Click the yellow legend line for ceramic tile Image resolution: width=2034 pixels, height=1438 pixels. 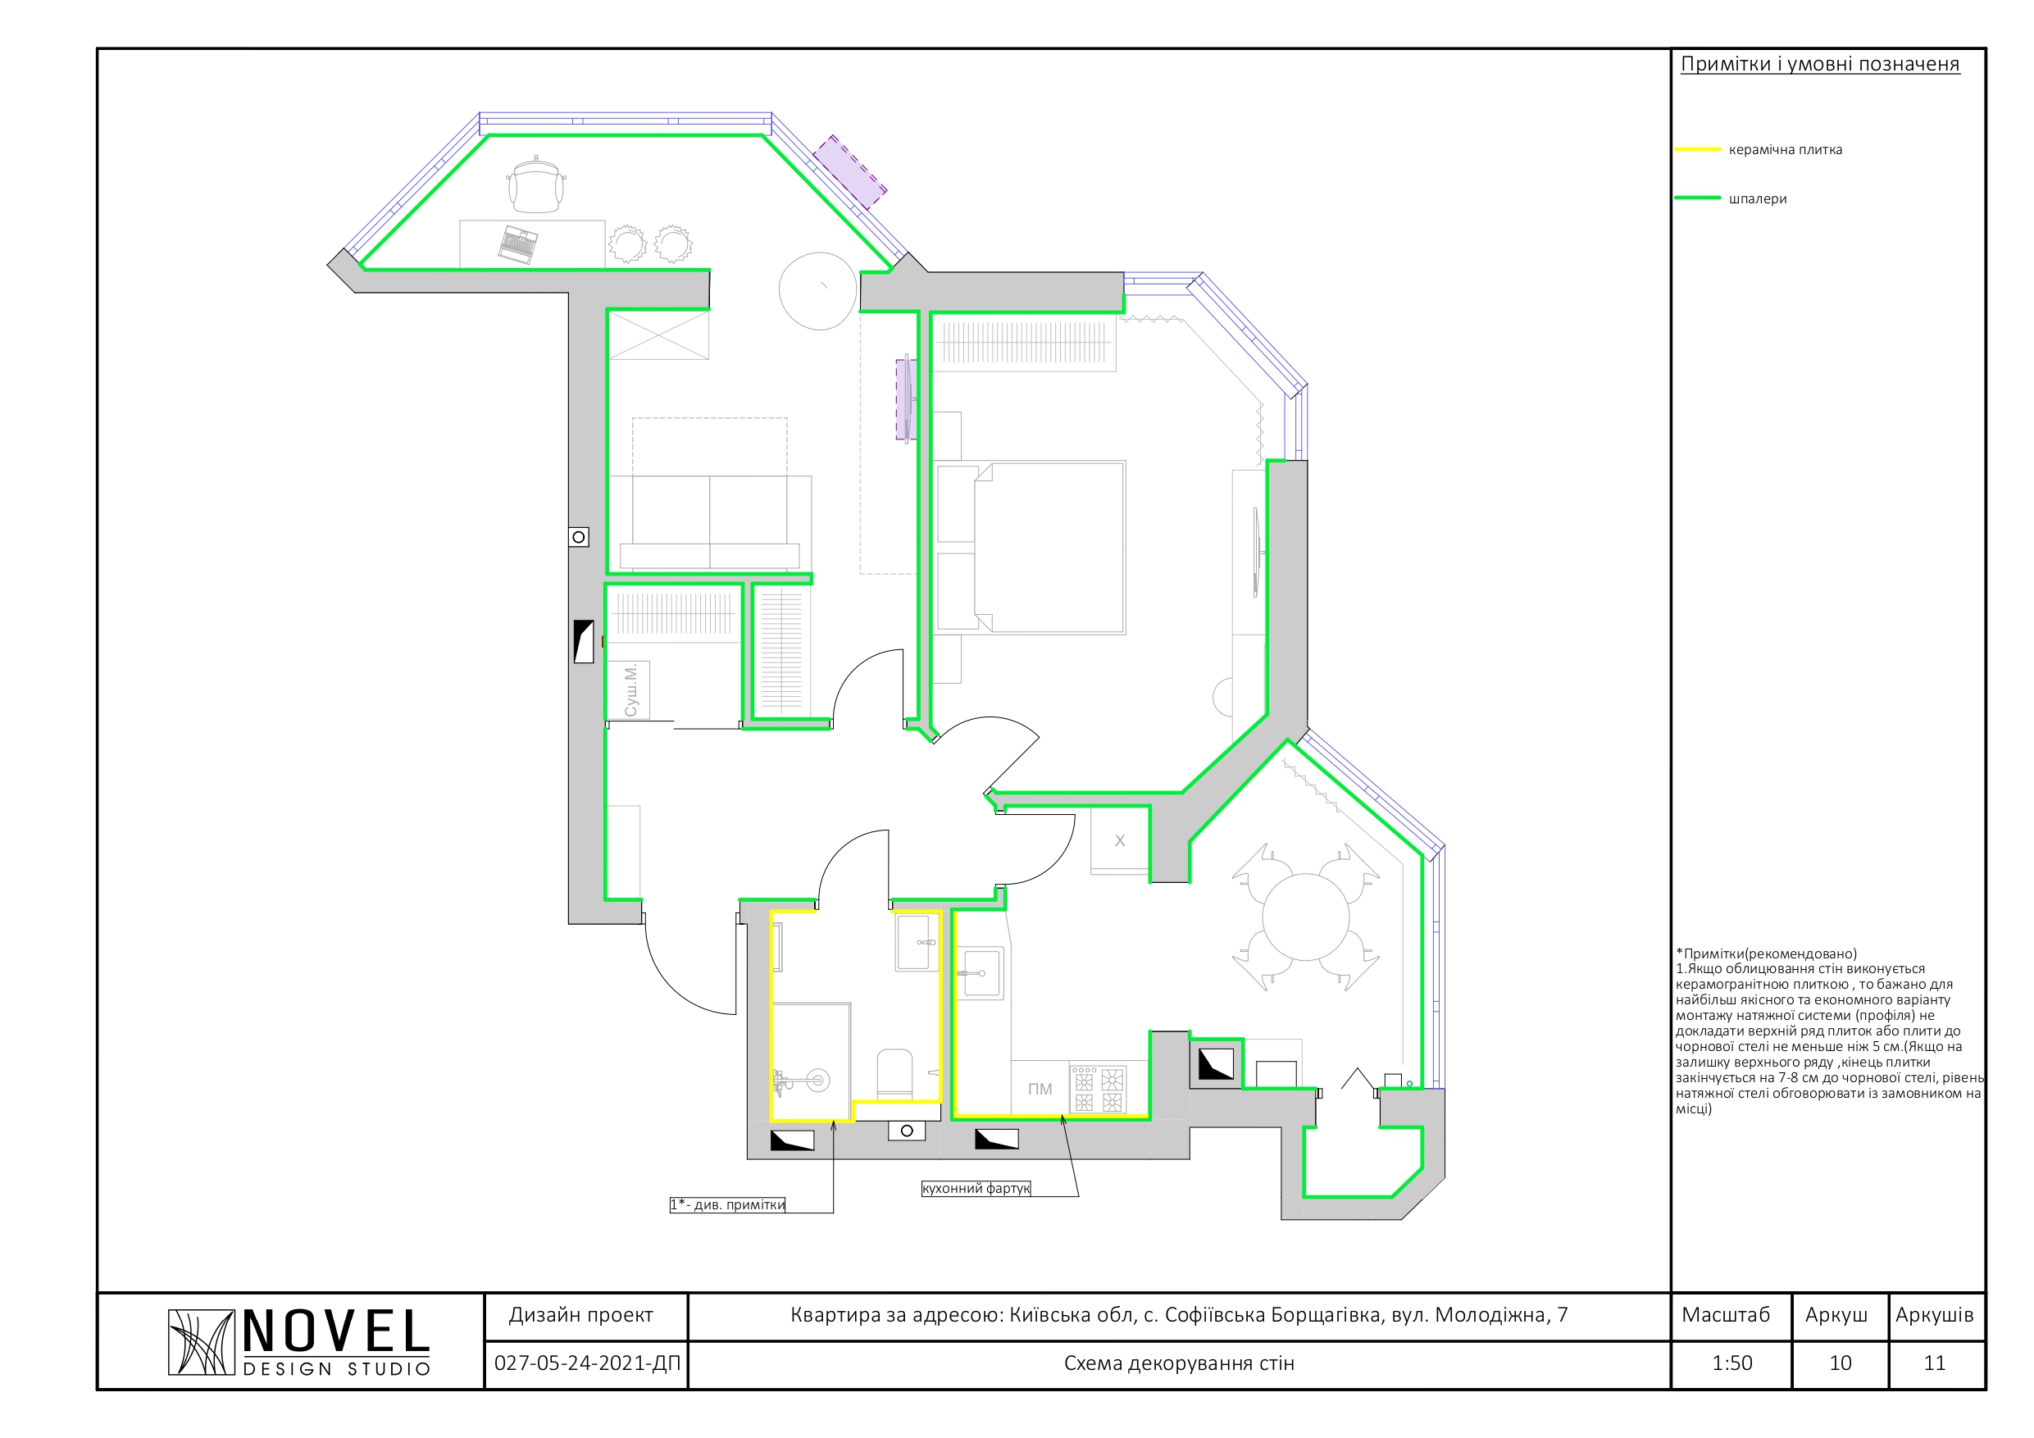point(1697,150)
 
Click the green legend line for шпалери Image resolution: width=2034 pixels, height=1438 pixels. point(1697,198)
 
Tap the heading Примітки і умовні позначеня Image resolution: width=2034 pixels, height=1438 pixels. point(1820,65)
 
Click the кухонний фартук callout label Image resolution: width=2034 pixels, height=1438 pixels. point(976,1188)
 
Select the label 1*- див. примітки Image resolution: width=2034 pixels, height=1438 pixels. point(727,1205)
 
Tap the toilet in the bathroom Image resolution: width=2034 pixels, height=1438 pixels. point(894,1074)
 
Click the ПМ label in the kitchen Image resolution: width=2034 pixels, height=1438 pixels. point(1040,1089)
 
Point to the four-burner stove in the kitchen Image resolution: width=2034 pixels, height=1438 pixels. point(1098,1089)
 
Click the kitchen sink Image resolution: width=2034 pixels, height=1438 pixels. point(981,973)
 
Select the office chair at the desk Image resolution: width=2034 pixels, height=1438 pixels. point(536,184)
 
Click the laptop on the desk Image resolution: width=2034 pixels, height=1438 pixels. point(518,244)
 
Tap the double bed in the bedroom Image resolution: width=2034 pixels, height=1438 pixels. point(1031,547)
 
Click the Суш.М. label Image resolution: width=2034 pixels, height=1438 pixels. point(630,690)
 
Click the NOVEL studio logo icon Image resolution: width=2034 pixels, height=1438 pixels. point(201,1342)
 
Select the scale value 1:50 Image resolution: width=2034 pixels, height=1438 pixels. point(1732,1363)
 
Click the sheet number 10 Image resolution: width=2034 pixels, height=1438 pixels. point(1840,1363)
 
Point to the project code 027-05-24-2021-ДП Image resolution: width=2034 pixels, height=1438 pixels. point(586,1363)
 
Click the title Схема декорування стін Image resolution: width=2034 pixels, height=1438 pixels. point(1179,1363)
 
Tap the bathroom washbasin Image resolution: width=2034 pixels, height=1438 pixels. point(917,942)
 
